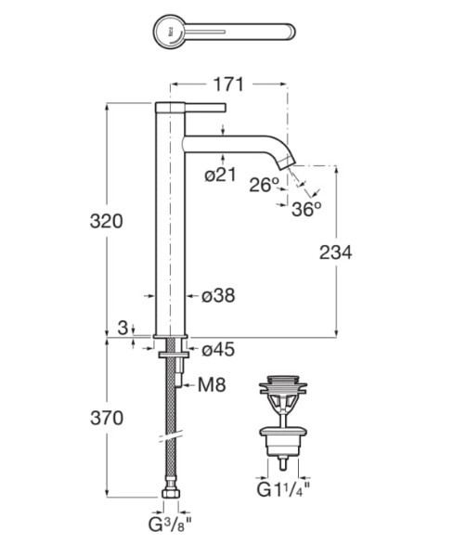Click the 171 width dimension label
(228, 84)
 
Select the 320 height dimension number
(106, 221)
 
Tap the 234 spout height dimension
(335, 253)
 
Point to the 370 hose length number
(107, 418)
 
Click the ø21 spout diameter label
(221, 175)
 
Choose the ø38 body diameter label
(218, 295)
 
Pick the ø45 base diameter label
(218, 350)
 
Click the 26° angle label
(265, 185)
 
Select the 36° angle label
(306, 209)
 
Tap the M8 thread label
(212, 384)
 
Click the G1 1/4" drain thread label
(283, 490)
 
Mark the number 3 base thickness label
(123, 328)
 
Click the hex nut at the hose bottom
(171, 493)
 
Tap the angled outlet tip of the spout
(288, 162)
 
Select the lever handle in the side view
(205, 108)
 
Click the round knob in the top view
(169, 32)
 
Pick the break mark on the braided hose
(171, 436)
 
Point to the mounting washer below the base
(174, 355)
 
